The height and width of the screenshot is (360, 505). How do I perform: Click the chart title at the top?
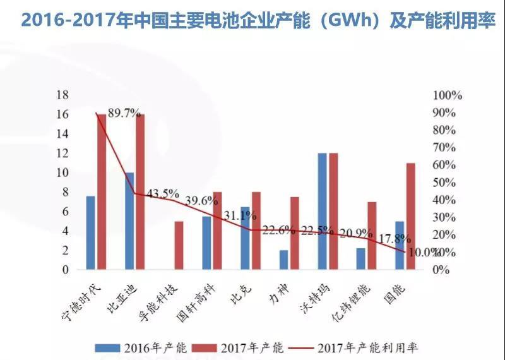252,20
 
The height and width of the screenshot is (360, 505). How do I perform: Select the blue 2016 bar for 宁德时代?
91,232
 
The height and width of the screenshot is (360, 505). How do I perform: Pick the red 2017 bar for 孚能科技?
179,245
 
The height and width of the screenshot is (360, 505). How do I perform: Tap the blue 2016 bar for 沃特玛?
323,211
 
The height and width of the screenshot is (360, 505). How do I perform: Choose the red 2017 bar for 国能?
410,216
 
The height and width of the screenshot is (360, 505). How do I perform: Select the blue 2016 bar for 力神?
284,260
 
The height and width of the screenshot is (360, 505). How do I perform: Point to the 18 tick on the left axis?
62,95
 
